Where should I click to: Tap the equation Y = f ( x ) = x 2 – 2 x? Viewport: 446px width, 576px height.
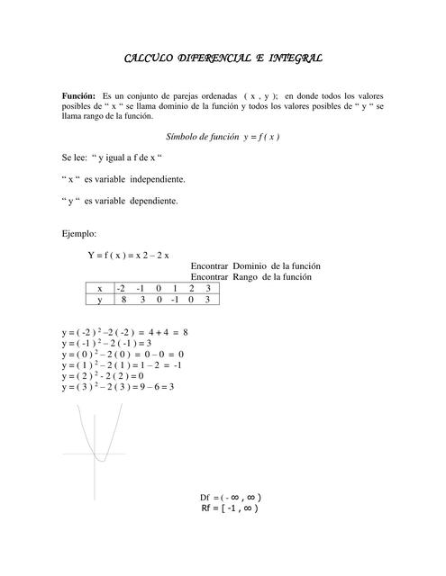[x=128, y=255]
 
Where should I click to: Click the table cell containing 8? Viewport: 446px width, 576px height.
[x=123, y=300]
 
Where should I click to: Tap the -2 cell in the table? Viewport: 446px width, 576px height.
[x=122, y=288]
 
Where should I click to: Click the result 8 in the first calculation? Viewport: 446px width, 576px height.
[x=185, y=332]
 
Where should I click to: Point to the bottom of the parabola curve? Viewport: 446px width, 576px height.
[x=102, y=460]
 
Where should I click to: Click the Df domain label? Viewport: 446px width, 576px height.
[x=206, y=498]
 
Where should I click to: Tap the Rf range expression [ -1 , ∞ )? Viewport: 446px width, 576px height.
[x=241, y=509]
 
